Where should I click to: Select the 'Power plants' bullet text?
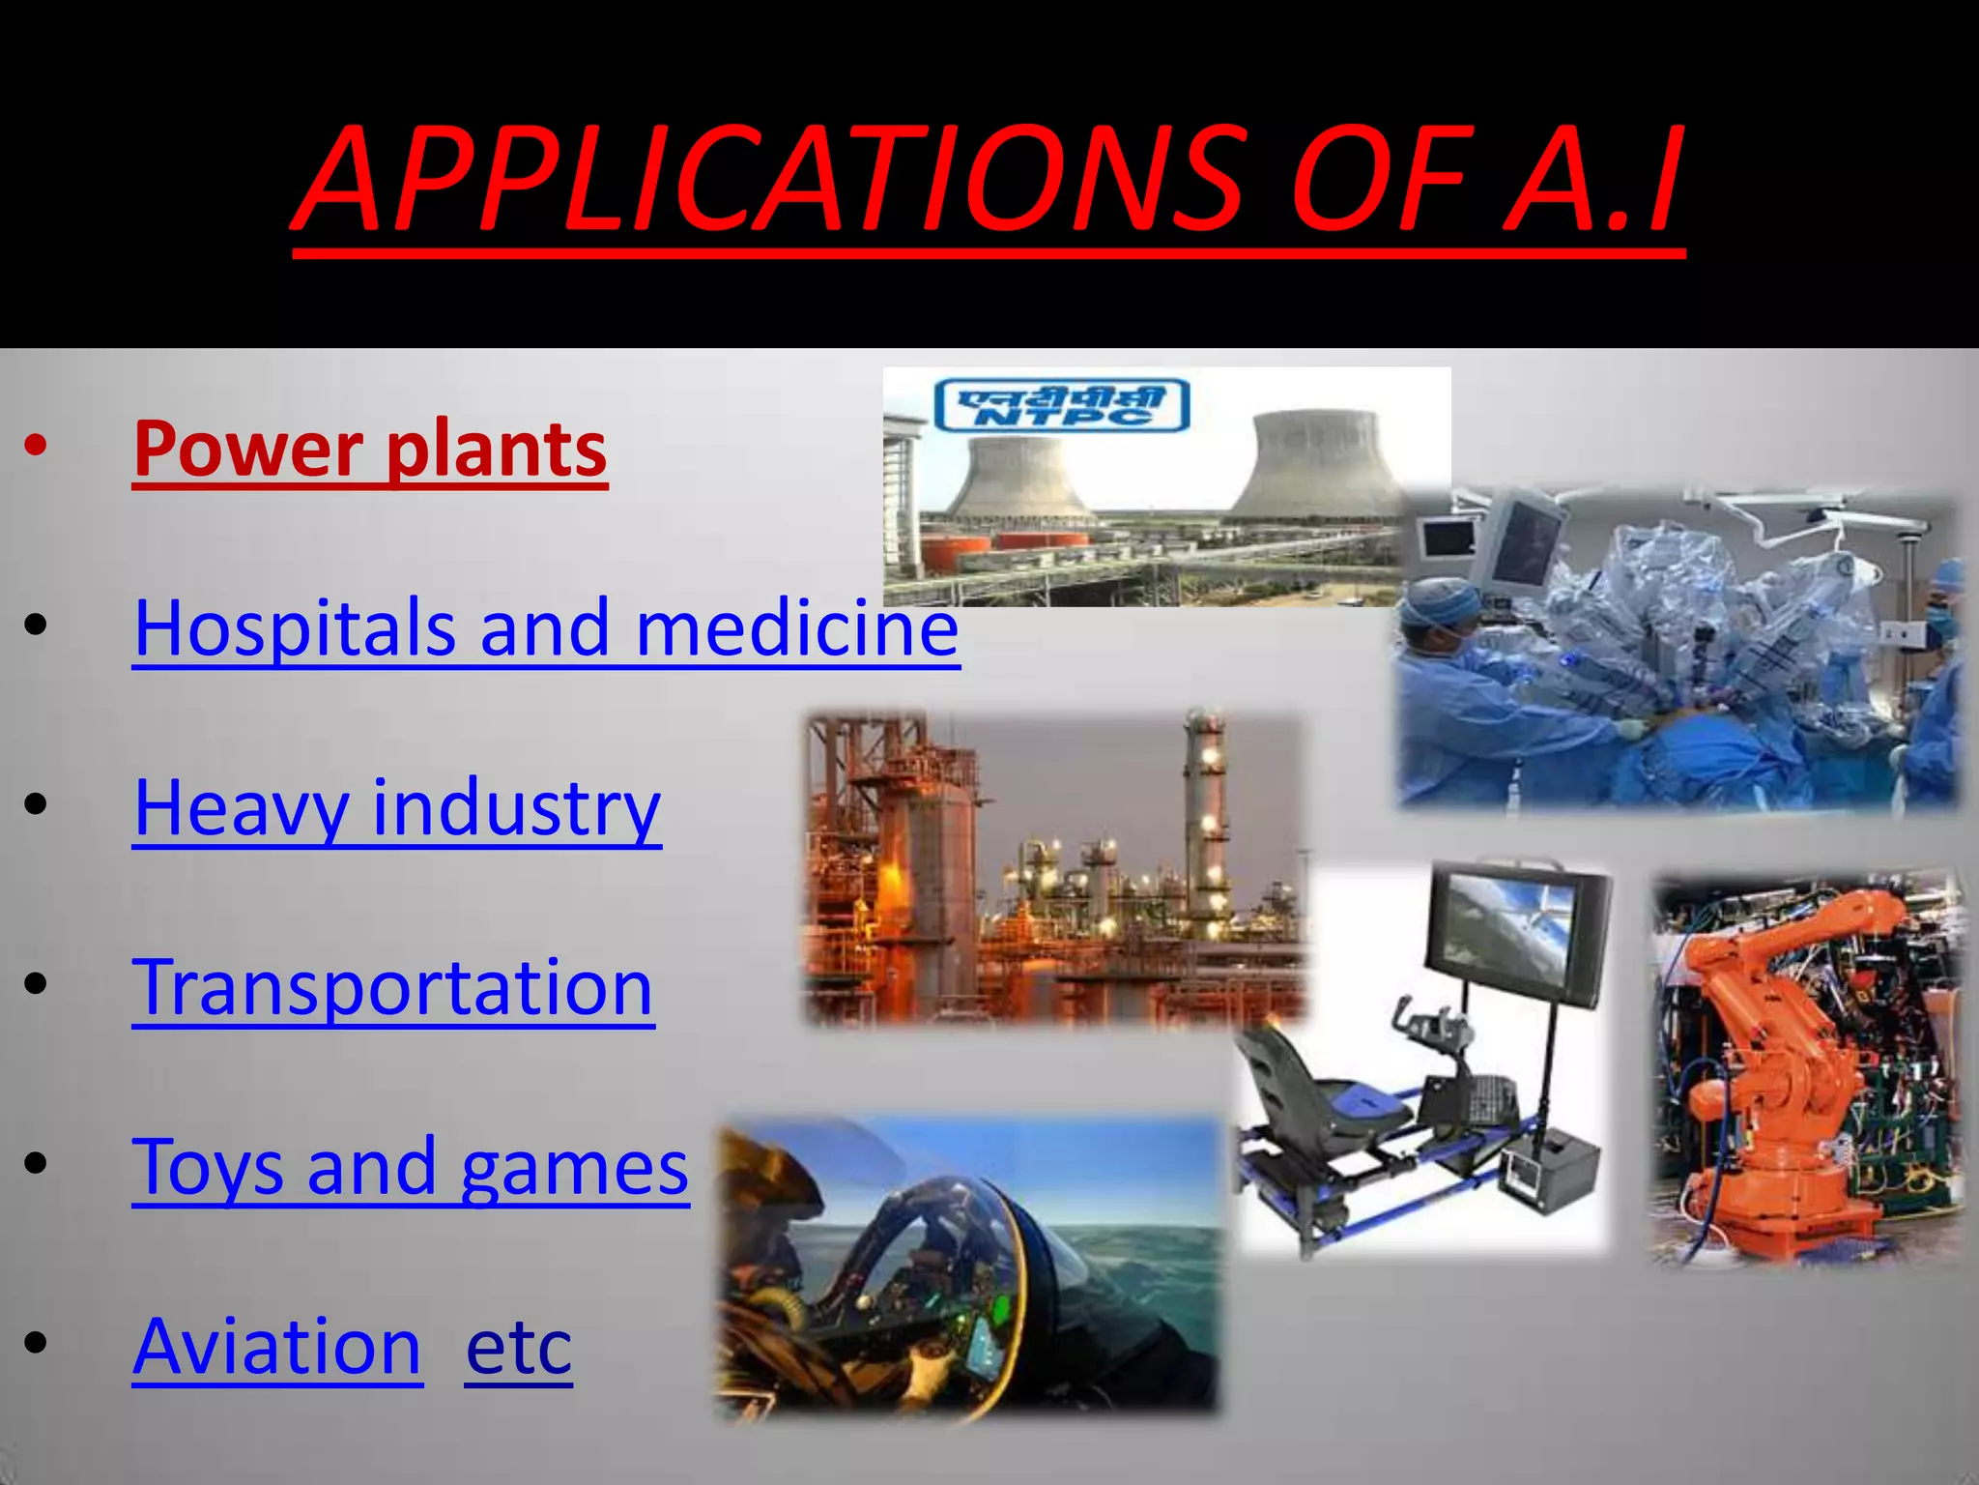point(370,450)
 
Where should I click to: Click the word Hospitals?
point(294,628)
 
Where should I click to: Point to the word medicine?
point(797,628)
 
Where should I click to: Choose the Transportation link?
point(393,988)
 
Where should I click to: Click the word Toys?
point(208,1168)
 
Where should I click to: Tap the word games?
point(575,1168)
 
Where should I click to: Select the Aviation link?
point(277,1347)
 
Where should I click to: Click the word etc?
point(518,1347)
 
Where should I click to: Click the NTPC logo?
point(1061,405)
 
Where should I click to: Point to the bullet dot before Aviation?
point(36,1343)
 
